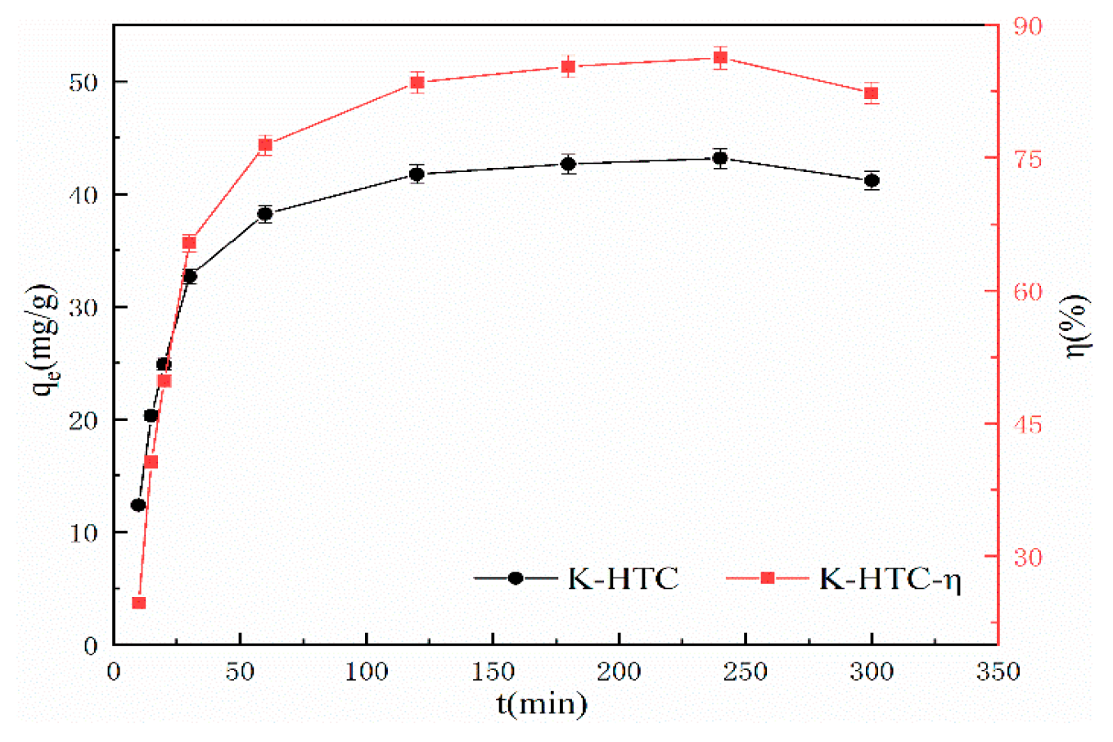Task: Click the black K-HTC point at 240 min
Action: (720, 158)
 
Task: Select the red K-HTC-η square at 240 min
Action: (720, 57)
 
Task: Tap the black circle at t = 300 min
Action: (872, 180)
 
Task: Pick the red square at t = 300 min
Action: (872, 93)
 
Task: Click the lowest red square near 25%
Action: (139, 603)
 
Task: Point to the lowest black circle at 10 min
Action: (138, 504)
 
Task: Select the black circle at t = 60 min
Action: (265, 214)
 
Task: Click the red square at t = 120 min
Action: (417, 82)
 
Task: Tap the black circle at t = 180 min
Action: (568, 164)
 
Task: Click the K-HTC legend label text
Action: (624, 579)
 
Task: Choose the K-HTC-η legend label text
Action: (890, 579)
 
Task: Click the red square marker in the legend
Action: (767, 578)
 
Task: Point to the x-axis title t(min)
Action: (542, 704)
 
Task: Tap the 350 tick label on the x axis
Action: (998, 672)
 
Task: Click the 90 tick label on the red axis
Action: (1026, 26)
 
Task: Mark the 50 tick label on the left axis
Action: (84, 83)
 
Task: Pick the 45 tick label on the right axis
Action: (1026, 424)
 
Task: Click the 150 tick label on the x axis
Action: (493, 672)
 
